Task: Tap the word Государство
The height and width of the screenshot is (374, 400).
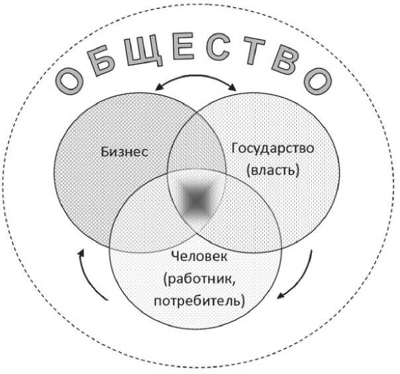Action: [272, 148]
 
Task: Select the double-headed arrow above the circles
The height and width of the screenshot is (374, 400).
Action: [196, 84]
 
